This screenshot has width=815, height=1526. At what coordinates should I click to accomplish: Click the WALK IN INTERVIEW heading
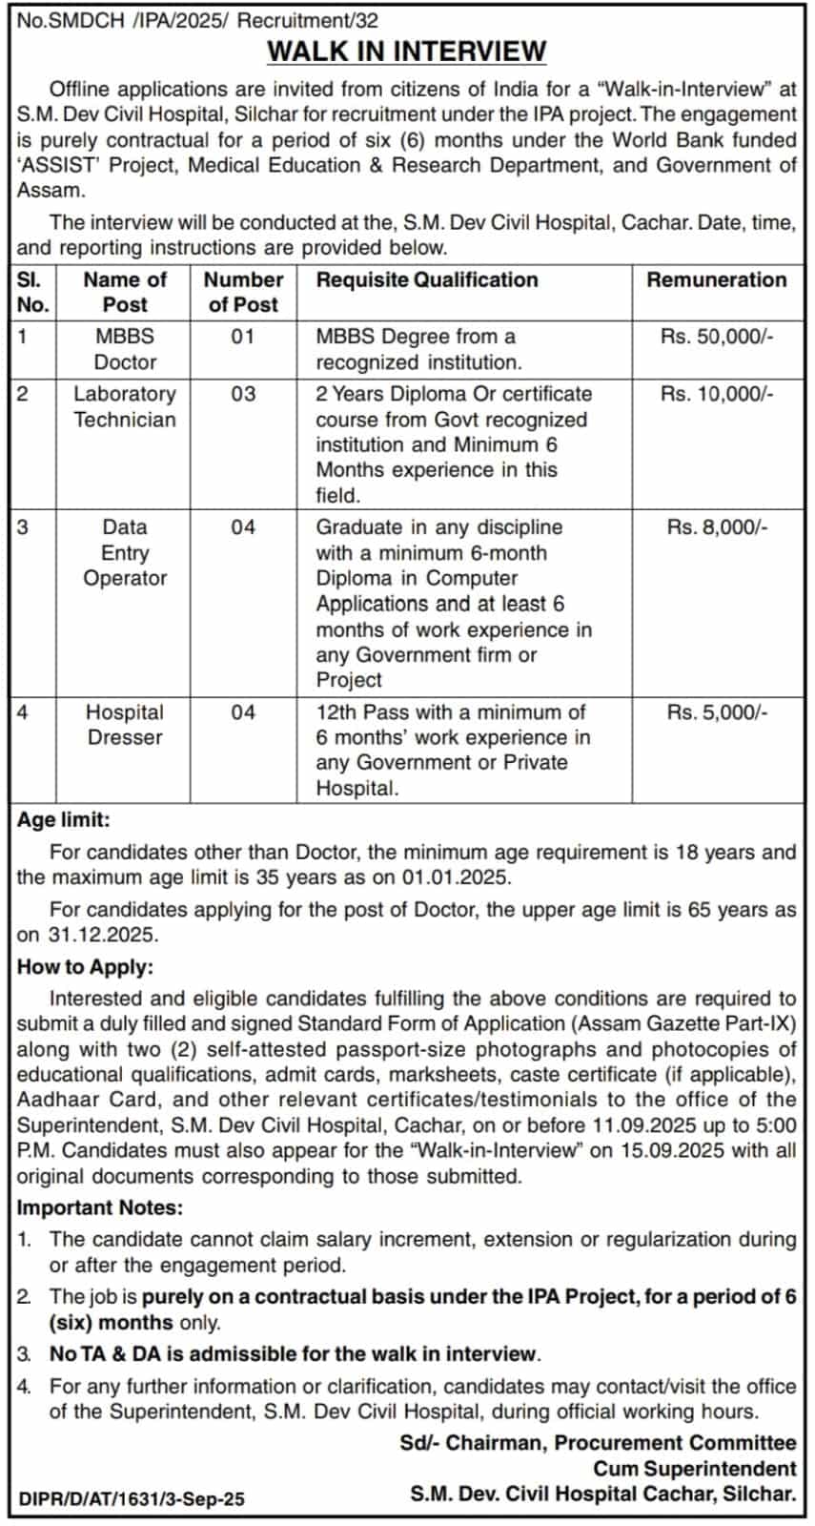click(407, 51)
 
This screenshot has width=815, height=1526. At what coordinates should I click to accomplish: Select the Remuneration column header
click(716, 279)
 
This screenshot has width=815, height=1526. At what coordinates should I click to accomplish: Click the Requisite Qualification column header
click(427, 279)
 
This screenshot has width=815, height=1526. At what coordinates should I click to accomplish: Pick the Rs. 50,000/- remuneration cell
click(716, 337)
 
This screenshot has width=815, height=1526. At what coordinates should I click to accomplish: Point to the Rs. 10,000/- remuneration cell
click(716, 394)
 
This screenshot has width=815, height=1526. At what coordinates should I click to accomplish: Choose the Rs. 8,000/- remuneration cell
click(716, 527)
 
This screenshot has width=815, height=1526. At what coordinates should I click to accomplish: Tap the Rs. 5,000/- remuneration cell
click(716, 712)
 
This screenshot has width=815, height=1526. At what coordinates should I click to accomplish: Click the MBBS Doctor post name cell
click(125, 349)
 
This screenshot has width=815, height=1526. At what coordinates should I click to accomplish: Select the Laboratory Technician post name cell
click(125, 406)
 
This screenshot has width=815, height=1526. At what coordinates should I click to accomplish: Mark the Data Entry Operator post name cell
click(125, 552)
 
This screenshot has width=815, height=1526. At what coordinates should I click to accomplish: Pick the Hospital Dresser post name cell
click(125, 725)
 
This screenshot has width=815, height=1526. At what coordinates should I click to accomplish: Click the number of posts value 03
click(243, 394)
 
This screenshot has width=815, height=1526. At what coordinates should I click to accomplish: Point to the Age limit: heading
click(64, 820)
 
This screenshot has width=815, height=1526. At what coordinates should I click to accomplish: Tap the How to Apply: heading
click(85, 967)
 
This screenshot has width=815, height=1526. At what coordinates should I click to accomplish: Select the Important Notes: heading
click(100, 1208)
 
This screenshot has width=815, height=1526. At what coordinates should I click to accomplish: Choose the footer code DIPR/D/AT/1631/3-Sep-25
click(132, 1499)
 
